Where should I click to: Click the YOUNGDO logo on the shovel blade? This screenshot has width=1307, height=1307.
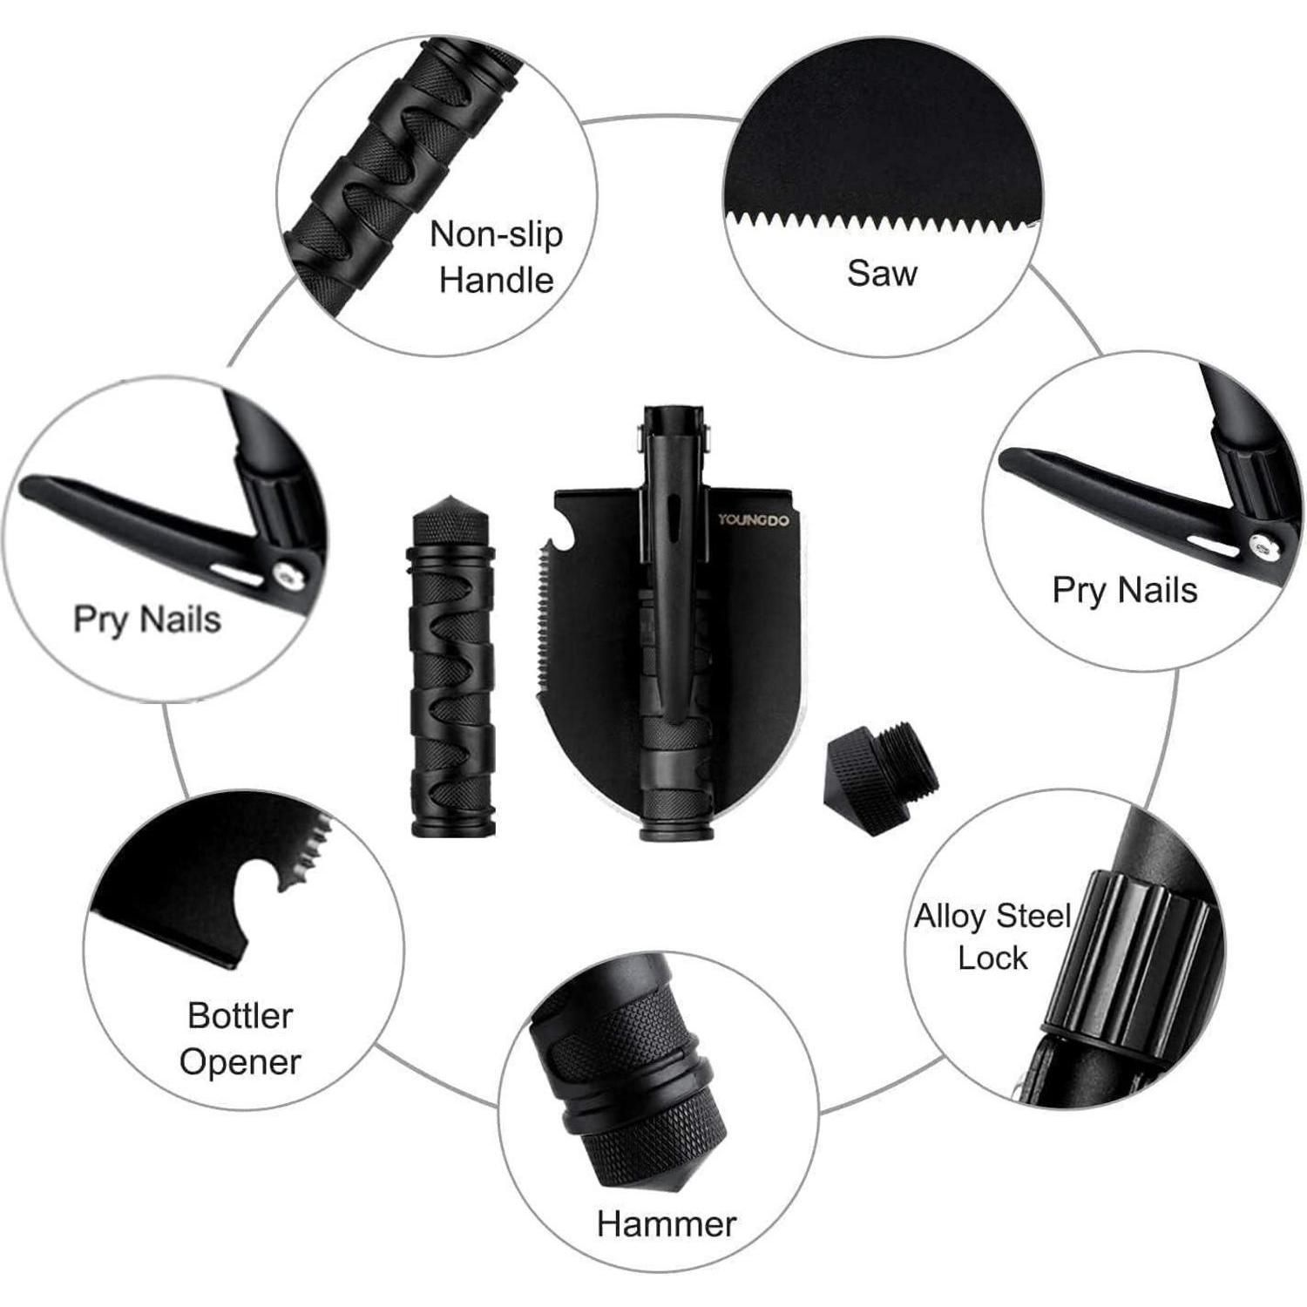[753, 520]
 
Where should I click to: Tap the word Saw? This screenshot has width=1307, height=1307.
[882, 273]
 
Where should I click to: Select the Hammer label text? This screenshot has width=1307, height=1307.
[667, 1223]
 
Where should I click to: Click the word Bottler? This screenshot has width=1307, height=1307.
[240, 1015]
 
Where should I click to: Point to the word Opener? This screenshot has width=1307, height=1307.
[240, 1063]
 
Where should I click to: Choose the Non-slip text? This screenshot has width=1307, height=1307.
[497, 234]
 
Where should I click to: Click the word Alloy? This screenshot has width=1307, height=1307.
[949, 918]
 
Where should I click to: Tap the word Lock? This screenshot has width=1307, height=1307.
[992, 958]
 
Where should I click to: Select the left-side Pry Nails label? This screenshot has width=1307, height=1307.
[147, 620]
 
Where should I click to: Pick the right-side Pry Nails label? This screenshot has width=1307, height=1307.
[1124, 590]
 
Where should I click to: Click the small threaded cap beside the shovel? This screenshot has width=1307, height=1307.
[881, 780]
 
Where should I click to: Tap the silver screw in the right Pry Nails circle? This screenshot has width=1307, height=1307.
[1259, 546]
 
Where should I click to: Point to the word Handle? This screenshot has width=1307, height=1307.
[497, 280]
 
